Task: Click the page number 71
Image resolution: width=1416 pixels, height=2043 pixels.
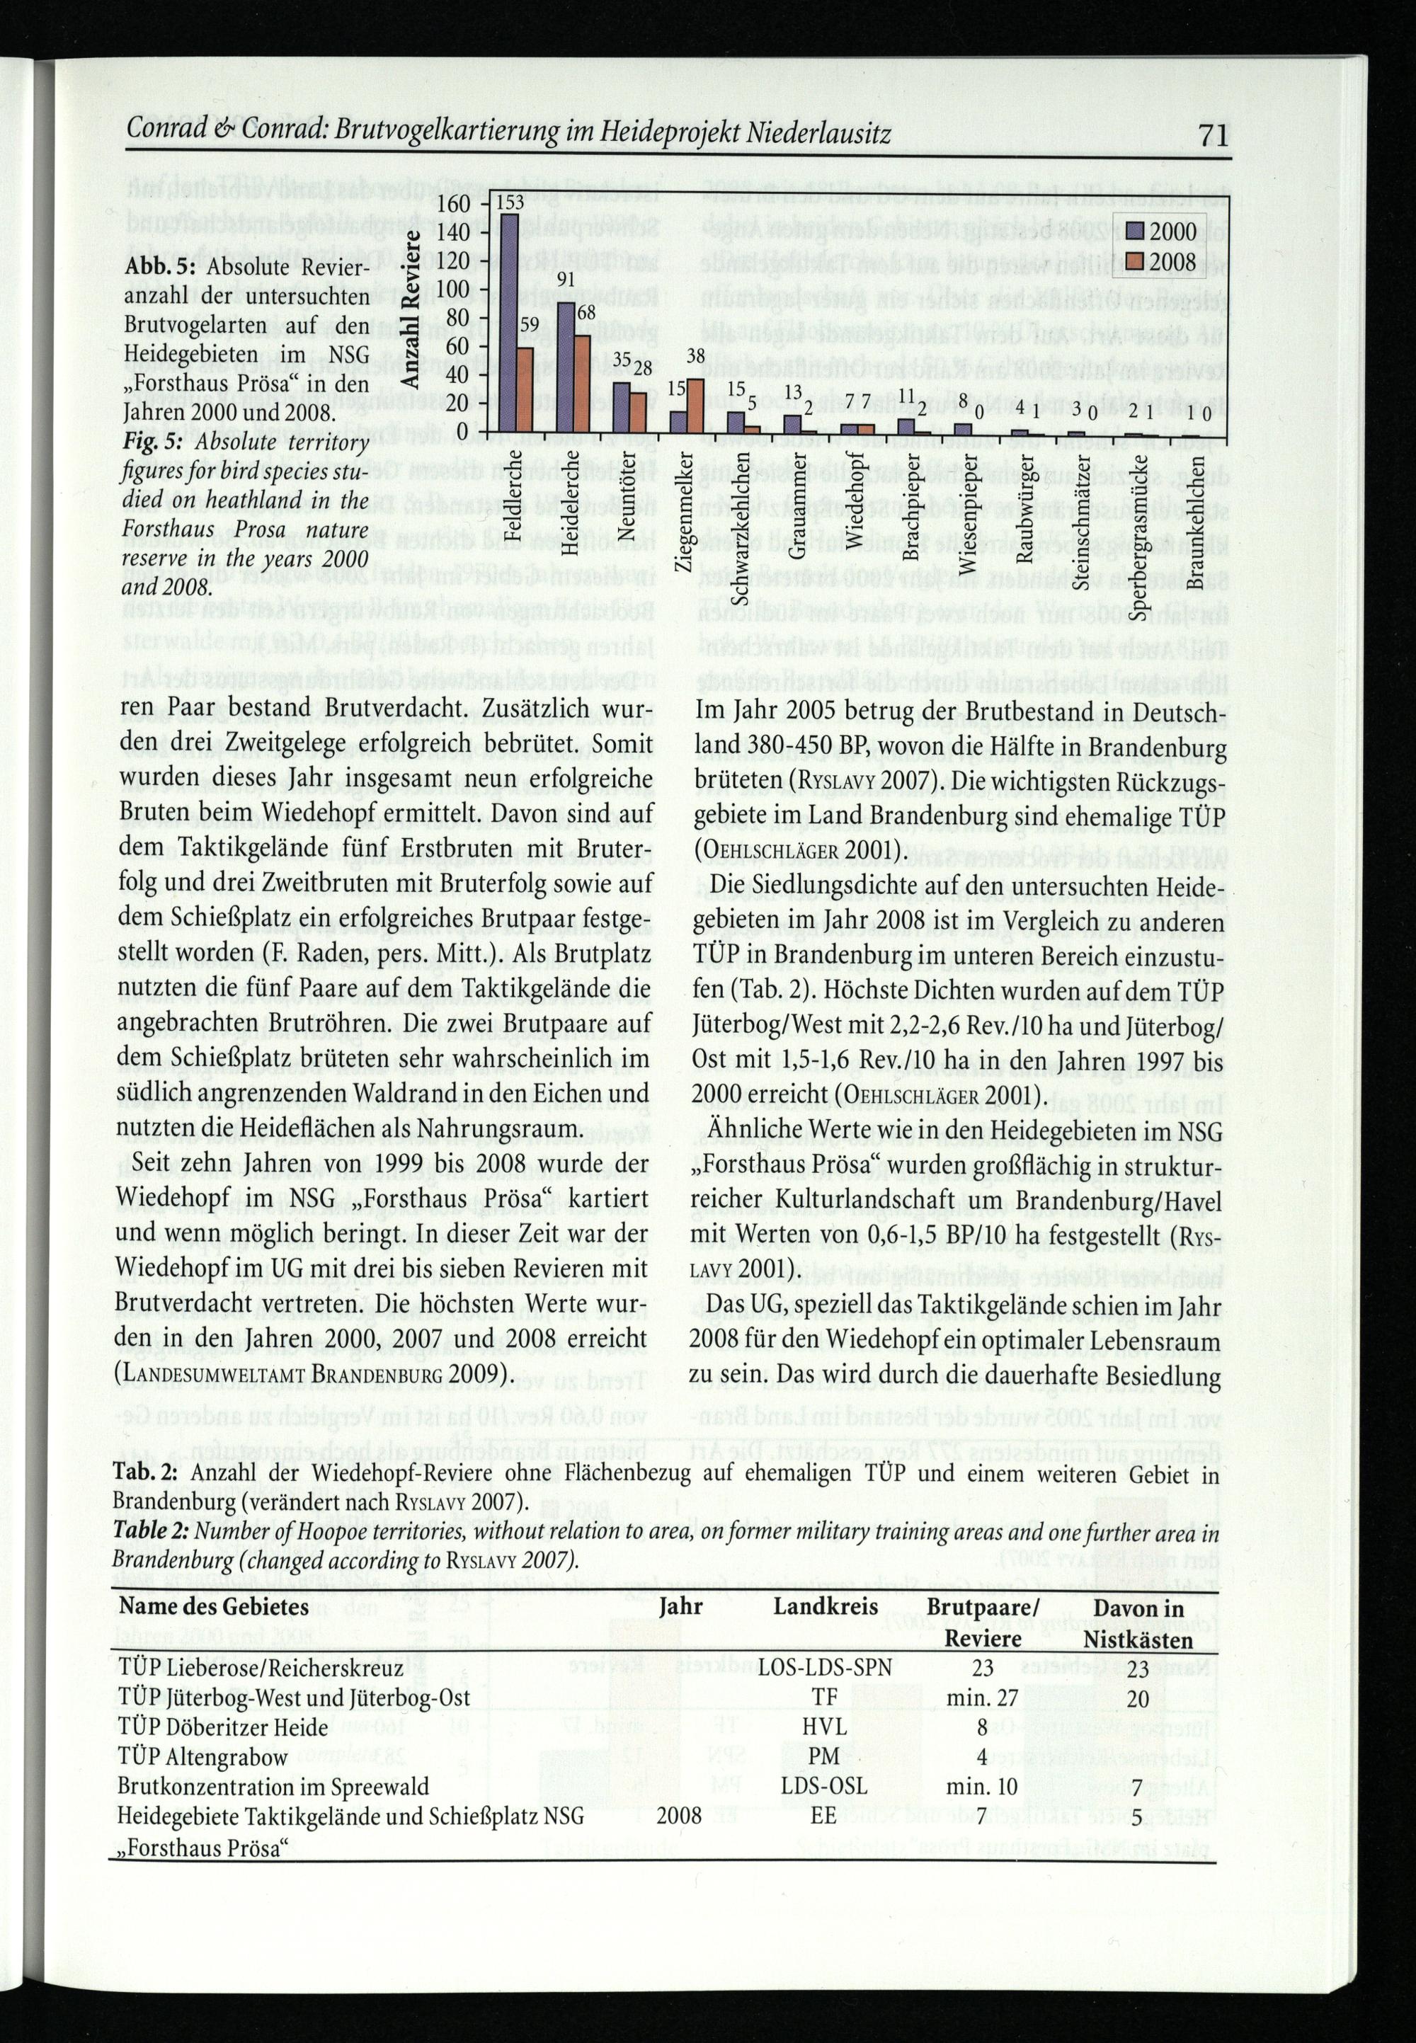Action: tap(1212, 136)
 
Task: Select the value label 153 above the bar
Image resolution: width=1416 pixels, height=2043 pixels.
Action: tap(508, 202)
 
